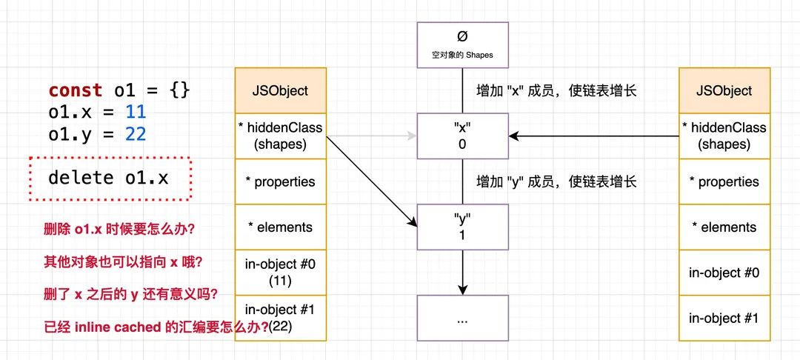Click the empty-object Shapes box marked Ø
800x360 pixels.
click(x=462, y=44)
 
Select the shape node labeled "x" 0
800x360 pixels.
click(x=462, y=136)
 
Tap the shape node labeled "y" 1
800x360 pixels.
click(x=462, y=227)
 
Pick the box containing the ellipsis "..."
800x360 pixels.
click(x=462, y=319)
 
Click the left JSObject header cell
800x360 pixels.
click(x=281, y=90)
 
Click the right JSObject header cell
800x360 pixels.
click(x=724, y=90)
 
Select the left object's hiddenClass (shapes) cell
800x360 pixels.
click(x=281, y=136)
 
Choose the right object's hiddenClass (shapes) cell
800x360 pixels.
click(x=724, y=136)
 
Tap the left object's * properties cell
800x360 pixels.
click(x=281, y=181)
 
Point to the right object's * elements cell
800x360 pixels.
click(x=724, y=227)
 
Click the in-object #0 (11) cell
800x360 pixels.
click(x=281, y=273)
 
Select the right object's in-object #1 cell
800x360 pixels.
click(x=724, y=319)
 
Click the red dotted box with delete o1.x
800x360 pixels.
click(x=110, y=178)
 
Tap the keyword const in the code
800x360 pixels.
click(x=76, y=90)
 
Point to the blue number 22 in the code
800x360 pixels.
click(x=136, y=133)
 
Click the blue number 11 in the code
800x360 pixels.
click(x=136, y=112)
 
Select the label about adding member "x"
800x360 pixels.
click(x=556, y=91)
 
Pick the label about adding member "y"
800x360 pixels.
click(x=556, y=181)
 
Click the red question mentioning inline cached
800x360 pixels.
click(x=156, y=327)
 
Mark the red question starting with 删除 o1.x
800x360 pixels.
click(x=119, y=229)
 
